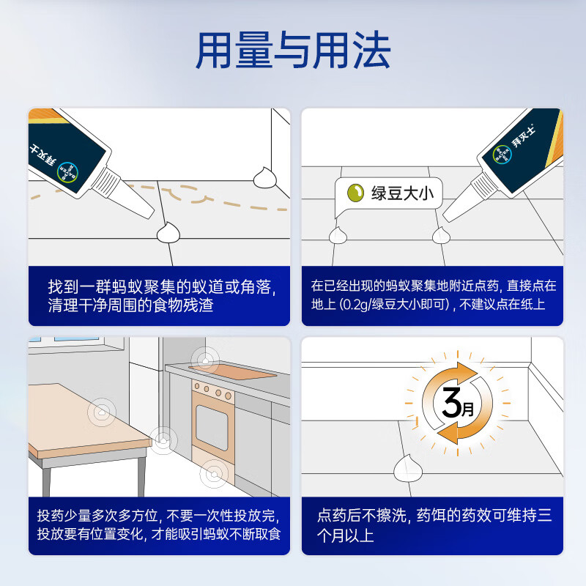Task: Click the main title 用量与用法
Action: (x=293, y=51)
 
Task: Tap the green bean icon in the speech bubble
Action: (x=355, y=193)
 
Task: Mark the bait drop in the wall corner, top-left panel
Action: (x=263, y=177)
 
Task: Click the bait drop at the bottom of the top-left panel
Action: (x=169, y=232)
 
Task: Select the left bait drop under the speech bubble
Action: (x=338, y=235)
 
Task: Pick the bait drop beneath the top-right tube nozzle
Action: (x=440, y=234)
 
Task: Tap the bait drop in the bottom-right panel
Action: (x=405, y=467)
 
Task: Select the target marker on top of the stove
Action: (x=204, y=359)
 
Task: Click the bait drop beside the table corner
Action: (x=163, y=439)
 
